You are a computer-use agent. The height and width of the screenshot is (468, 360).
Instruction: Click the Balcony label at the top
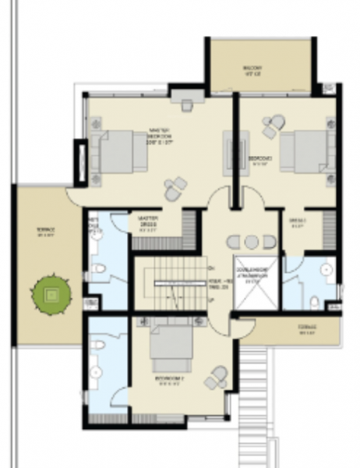(x=252, y=72)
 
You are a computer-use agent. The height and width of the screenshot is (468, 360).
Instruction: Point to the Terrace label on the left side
(x=46, y=231)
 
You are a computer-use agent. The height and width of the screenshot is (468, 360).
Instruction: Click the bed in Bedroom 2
(x=171, y=347)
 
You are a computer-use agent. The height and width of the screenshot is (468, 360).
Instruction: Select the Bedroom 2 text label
(x=168, y=380)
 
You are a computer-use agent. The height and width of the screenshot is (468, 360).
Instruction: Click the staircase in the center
(x=168, y=285)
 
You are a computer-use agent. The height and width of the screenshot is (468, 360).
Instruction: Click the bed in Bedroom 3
(x=305, y=151)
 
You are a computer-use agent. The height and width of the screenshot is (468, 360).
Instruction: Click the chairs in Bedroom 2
(x=216, y=378)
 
